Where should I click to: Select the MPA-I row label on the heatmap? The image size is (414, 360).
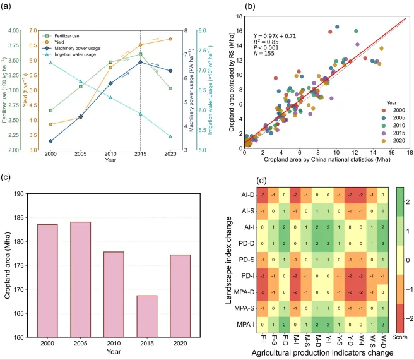[250, 325]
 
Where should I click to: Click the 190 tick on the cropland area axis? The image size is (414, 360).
[21, 194]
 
